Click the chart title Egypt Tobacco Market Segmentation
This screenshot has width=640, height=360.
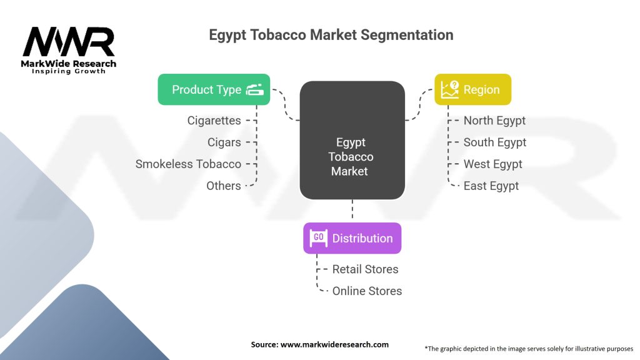331,35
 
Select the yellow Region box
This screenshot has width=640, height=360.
472,89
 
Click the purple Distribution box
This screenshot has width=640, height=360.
352,238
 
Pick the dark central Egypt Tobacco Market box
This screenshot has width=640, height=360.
352,141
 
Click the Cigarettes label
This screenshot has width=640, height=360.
214,121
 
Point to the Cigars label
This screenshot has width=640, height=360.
224,142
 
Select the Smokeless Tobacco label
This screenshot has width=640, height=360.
188,164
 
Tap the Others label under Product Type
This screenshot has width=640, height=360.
223,186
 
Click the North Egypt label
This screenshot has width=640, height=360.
494,121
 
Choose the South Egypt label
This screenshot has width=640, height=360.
495,142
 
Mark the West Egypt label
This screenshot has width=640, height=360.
492,164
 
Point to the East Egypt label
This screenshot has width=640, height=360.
491,186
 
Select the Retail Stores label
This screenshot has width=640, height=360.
365,269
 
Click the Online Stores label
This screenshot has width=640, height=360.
367,291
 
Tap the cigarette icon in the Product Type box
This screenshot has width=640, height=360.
255,90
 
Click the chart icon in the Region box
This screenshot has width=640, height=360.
450,89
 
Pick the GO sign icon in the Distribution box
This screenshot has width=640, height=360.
318,238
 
